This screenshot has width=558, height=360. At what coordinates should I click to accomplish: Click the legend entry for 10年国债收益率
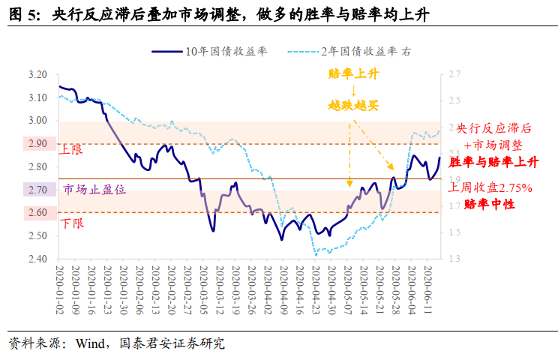click(x=225, y=52)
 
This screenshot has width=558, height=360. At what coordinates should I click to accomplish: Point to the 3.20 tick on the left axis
click(x=37, y=75)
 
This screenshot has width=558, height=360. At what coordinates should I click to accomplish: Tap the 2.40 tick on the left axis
click(x=37, y=259)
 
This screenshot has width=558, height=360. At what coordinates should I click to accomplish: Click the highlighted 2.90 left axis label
click(x=37, y=144)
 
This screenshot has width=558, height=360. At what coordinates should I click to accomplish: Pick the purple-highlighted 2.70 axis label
click(x=37, y=190)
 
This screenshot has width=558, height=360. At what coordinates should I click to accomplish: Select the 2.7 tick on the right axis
click(x=454, y=75)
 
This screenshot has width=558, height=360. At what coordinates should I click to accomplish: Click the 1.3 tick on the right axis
click(x=454, y=259)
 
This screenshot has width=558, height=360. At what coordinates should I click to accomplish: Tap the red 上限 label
click(x=72, y=150)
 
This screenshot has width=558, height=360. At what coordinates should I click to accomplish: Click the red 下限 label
click(x=72, y=223)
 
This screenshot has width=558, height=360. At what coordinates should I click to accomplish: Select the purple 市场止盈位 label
click(x=94, y=190)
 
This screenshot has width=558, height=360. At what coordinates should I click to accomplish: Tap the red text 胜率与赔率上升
click(x=493, y=162)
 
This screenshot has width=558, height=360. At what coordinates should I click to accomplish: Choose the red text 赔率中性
click(x=490, y=204)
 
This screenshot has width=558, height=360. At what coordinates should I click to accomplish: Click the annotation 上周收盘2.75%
click(x=491, y=187)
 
